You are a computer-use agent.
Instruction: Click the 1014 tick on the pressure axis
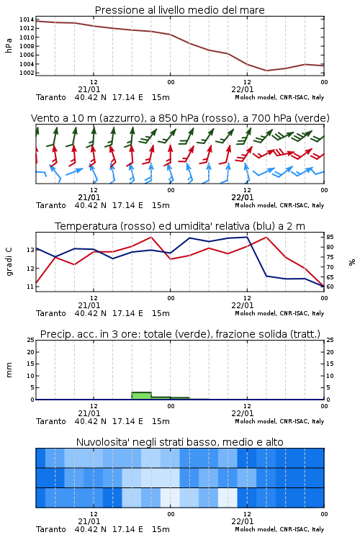(x=27, y=19)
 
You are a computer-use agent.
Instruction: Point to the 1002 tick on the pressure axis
(x=27, y=73)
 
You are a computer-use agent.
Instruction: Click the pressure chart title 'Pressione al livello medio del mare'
(x=180, y=10)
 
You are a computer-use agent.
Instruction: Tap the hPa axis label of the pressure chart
(x=9, y=45)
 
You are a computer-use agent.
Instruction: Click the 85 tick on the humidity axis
(x=330, y=237)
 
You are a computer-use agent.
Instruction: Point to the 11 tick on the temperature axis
(x=30, y=287)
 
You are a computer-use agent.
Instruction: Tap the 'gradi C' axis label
(x=9, y=262)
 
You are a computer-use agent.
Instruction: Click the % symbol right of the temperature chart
(x=352, y=262)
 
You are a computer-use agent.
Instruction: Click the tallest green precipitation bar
(x=142, y=396)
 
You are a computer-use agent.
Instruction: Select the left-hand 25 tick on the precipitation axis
(x=31, y=340)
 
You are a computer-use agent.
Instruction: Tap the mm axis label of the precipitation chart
(x=9, y=370)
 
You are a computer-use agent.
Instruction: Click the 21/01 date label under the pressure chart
(x=89, y=89)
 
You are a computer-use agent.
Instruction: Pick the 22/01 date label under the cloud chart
(x=243, y=521)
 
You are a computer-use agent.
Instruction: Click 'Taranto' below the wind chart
(x=51, y=206)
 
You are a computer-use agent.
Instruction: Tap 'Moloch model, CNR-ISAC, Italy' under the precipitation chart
(x=279, y=421)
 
